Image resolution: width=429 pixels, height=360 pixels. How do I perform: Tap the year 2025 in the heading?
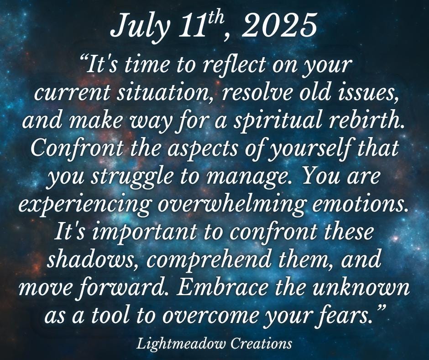pos(279,25)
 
